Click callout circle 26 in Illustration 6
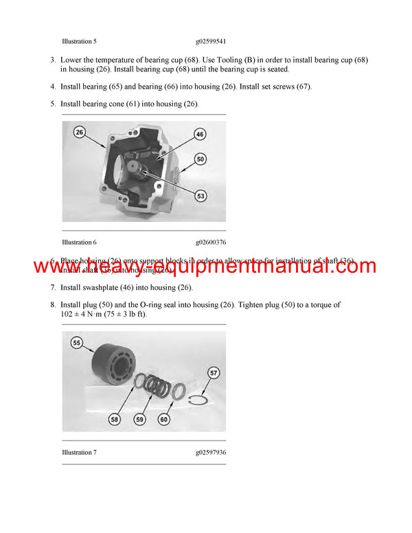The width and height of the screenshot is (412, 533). point(80,132)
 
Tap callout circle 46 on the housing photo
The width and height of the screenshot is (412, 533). point(200,134)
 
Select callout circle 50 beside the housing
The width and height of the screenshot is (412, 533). point(201,159)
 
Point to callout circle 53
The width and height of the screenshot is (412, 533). point(201,196)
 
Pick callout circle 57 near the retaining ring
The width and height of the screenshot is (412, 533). point(214,373)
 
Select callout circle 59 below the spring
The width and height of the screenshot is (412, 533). point(141,418)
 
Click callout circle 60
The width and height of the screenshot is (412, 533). point(164,418)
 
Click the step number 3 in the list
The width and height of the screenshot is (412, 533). point(53,60)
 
